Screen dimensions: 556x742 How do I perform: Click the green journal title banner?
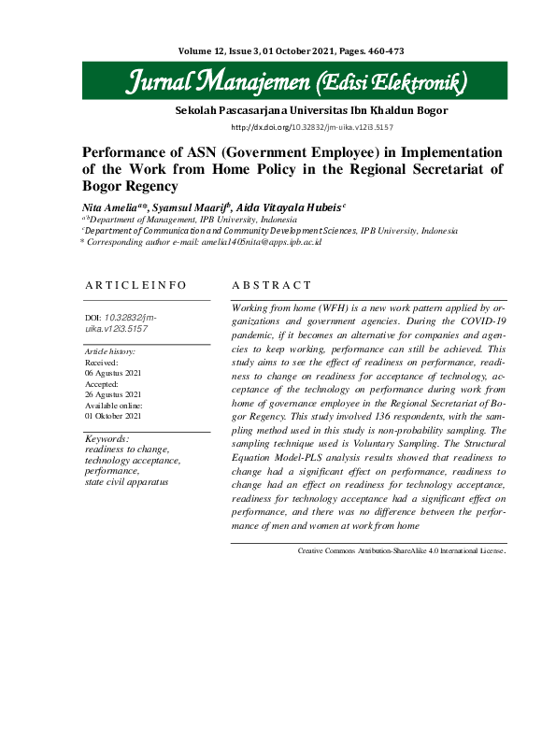(x=297, y=82)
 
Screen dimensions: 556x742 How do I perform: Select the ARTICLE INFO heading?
(x=135, y=285)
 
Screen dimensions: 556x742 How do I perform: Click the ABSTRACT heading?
(x=271, y=285)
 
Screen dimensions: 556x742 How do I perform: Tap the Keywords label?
(x=107, y=437)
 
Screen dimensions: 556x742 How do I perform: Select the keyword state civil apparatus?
(x=126, y=481)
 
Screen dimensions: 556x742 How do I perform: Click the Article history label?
(x=109, y=351)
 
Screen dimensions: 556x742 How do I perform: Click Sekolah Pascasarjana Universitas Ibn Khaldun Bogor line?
(x=311, y=110)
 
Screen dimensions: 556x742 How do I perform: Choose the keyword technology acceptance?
(x=132, y=460)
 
